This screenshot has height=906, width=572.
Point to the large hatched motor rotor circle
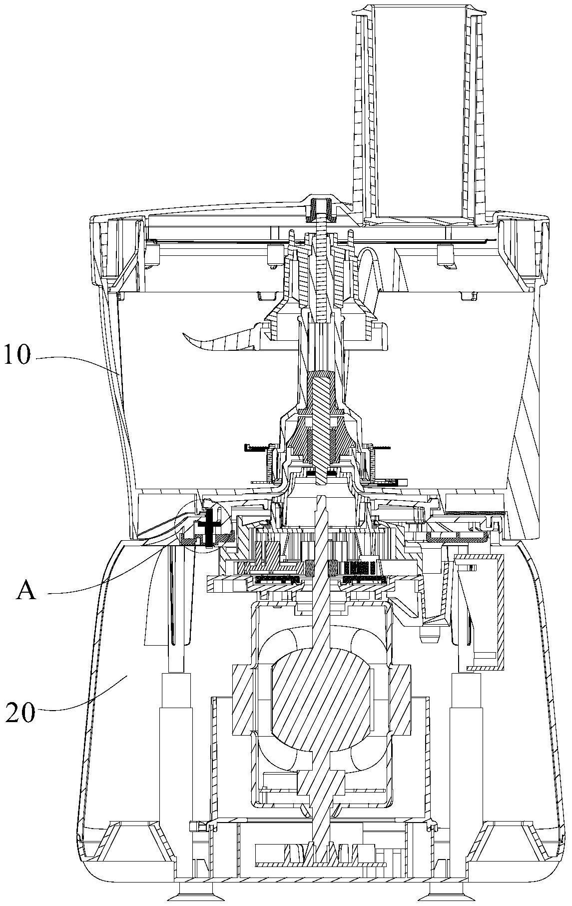pyautogui.click(x=320, y=700)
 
